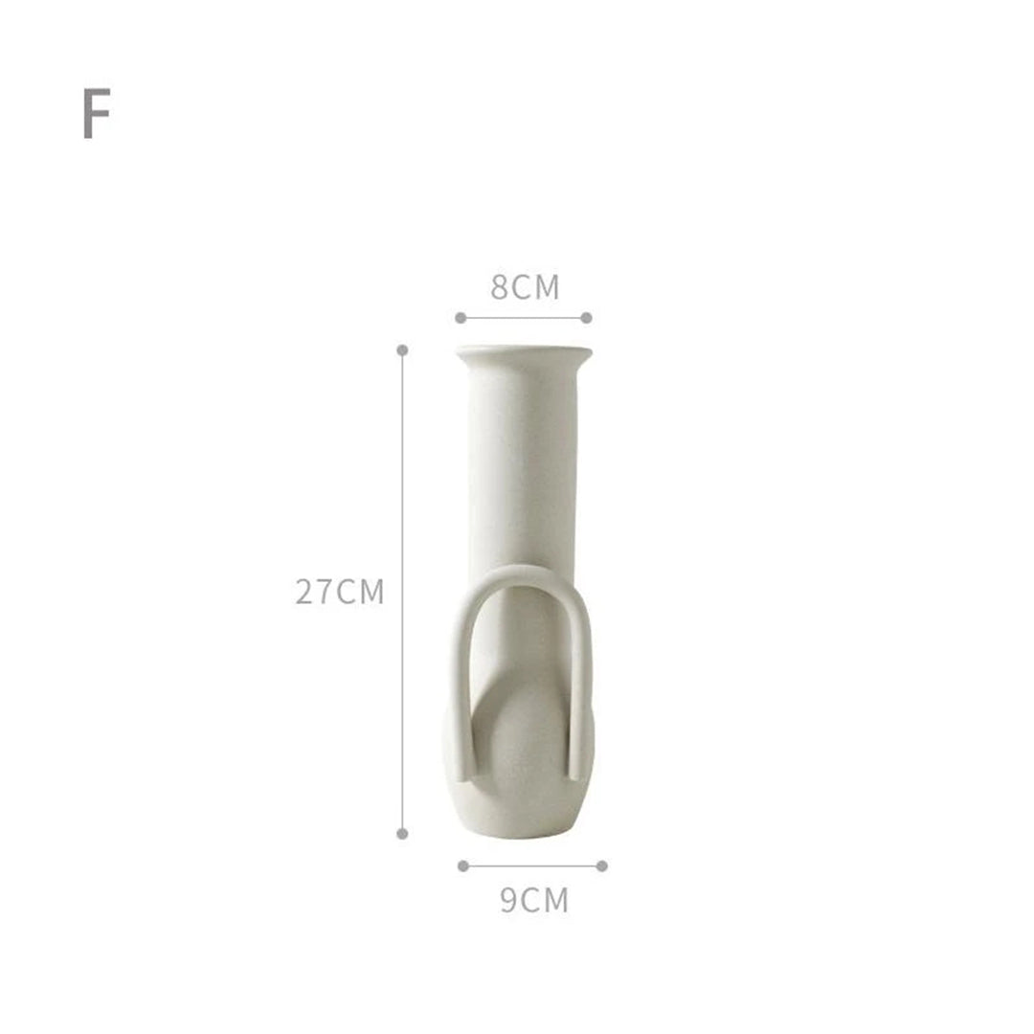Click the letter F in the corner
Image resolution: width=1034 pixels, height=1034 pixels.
97,113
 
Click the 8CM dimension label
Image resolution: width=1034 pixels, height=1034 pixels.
525,287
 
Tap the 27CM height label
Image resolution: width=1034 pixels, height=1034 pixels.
339,592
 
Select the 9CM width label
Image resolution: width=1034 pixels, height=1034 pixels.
534,900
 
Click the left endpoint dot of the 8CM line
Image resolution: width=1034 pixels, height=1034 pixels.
461,318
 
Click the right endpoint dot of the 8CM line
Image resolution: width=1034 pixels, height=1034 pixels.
586,318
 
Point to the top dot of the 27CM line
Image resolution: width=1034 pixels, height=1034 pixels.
402,349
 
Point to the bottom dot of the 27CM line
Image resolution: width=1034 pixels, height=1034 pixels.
402,834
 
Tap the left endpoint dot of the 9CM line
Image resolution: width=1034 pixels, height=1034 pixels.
463,865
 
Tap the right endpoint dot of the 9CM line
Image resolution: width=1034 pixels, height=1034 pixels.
601,865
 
